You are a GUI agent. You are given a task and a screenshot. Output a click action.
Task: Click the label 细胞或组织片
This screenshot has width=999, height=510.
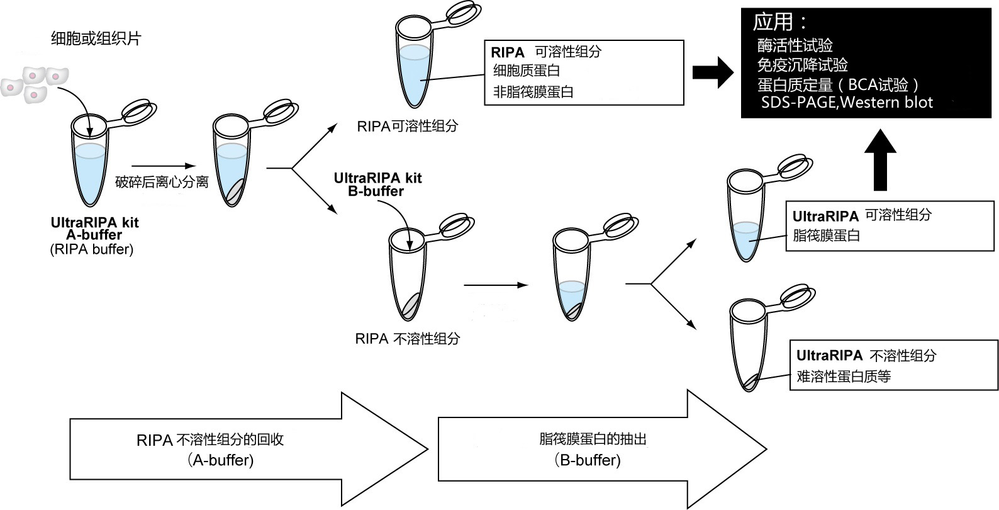click(96, 39)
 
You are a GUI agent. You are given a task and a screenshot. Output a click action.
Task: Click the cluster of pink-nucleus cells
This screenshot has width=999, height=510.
click(35, 83)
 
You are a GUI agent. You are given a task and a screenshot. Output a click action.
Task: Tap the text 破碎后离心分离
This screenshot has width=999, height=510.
click(162, 183)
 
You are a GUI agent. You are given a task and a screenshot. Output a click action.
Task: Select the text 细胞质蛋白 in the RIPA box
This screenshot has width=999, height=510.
click(526, 71)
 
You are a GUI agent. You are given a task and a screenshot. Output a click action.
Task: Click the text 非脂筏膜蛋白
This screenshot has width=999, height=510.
click(533, 92)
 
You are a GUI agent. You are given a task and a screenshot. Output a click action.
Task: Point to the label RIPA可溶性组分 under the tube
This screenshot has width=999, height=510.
click(408, 126)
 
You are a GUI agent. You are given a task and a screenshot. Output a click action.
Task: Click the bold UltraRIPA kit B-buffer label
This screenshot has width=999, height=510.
click(377, 184)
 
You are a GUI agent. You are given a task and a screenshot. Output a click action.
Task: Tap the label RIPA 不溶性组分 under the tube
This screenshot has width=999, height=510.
click(407, 339)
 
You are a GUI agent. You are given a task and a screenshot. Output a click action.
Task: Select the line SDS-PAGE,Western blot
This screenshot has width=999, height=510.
click(847, 103)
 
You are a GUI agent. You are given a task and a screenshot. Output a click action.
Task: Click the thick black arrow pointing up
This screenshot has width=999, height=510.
click(879, 161)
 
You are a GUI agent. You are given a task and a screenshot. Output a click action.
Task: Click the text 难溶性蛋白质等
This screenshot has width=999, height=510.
click(843, 377)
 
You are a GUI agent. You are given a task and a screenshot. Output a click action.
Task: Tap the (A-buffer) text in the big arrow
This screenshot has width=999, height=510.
click(220, 460)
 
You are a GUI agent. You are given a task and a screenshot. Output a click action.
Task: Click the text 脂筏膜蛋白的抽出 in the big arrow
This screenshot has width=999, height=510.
click(593, 439)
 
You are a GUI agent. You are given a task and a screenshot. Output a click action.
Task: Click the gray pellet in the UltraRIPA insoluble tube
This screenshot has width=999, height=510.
click(749, 382)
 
